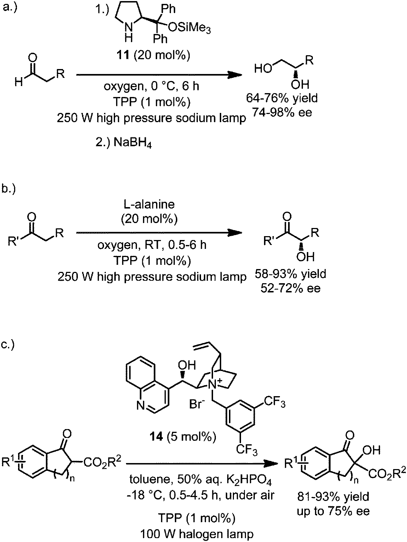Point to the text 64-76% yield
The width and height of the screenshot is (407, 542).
tap(282, 98)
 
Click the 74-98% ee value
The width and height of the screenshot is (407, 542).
tap(282, 113)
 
